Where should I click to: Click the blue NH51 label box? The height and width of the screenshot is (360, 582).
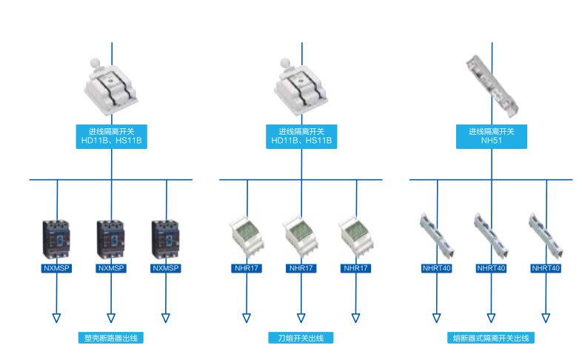tap(492, 135)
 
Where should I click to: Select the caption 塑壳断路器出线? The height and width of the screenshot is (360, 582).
tap(111, 338)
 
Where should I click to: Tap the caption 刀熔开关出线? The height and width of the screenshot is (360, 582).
tap(301, 338)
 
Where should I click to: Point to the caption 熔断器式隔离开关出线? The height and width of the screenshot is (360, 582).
tap(492, 338)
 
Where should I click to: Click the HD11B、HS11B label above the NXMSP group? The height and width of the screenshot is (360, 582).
tap(111, 135)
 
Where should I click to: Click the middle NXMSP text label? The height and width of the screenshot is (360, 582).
tap(111, 268)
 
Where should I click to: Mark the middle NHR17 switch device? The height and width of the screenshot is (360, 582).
tap(301, 236)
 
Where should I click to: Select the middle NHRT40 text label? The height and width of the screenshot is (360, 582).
tap(492, 268)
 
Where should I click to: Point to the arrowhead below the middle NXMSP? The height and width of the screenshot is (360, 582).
tap(111, 319)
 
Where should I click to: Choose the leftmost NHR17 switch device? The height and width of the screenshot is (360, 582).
tap(247, 236)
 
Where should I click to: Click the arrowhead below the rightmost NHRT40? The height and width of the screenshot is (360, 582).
tap(546, 319)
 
